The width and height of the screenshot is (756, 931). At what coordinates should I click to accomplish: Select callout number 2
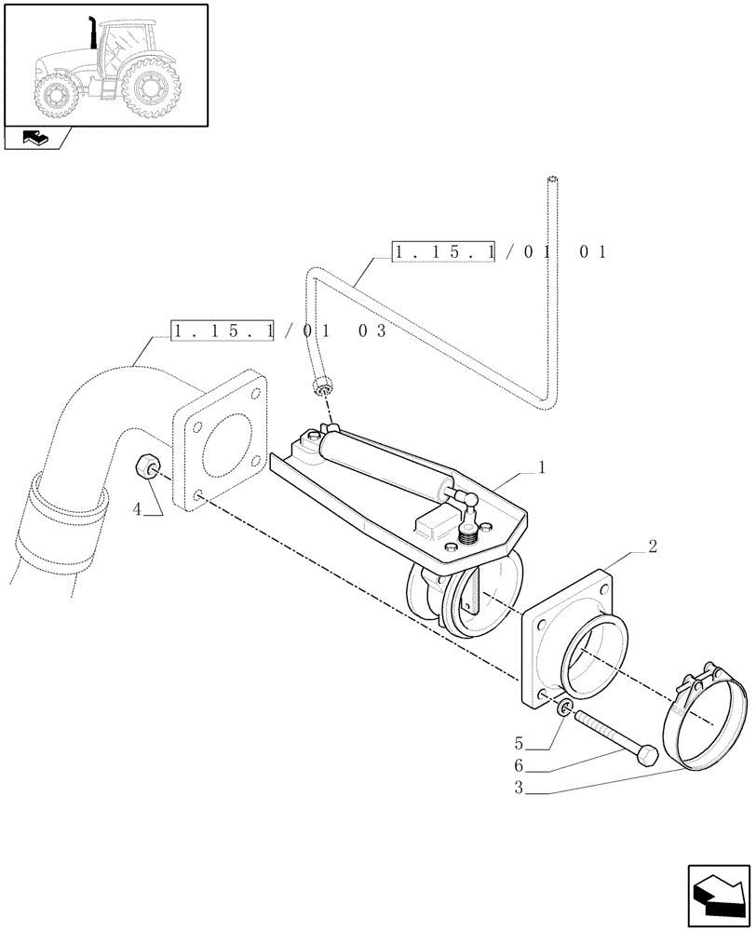click(x=653, y=546)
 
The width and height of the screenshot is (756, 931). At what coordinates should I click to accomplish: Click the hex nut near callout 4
click(x=146, y=465)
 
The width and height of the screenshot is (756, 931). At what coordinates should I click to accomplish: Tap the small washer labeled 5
click(x=565, y=711)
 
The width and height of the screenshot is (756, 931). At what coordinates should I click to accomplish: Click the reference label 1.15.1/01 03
click(x=279, y=331)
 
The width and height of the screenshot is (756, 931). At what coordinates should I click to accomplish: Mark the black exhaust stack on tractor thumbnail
click(x=94, y=32)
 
